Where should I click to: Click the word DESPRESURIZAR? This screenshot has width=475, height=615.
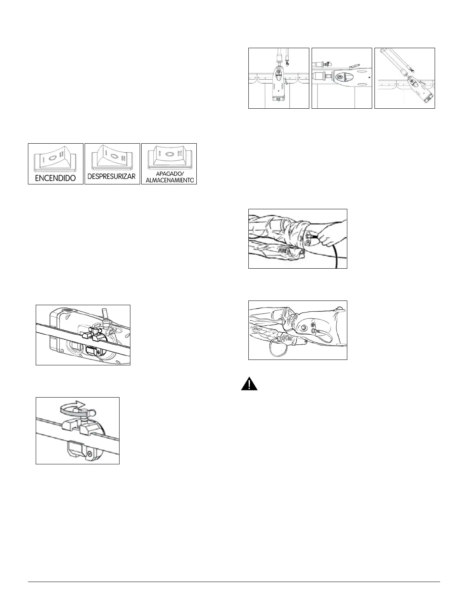point(112,176)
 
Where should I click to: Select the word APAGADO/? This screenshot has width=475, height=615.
point(169,174)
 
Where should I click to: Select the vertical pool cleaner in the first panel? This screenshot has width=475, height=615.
point(279,83)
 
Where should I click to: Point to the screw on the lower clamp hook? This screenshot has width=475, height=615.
point(90,453)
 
